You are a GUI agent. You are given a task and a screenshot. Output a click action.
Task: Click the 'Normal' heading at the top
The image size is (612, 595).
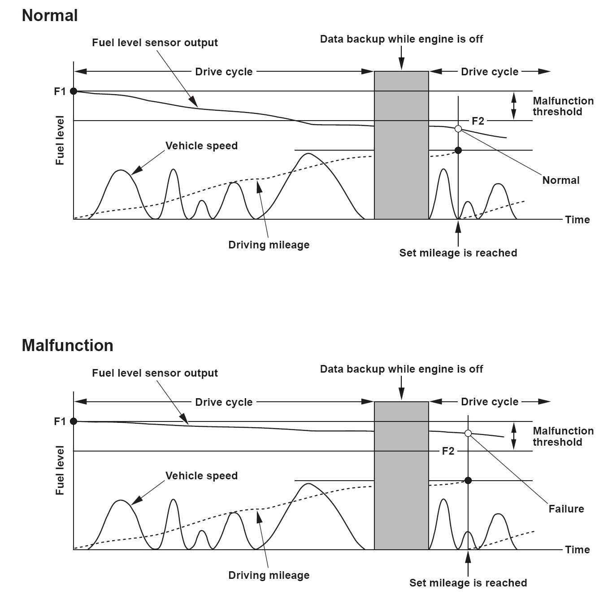50,16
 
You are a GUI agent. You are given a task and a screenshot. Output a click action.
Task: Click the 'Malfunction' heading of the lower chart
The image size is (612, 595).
67,345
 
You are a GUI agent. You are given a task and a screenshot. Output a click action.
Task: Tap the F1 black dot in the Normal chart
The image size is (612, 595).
74,91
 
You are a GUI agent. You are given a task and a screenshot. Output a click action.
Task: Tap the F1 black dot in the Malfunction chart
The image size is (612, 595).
74,421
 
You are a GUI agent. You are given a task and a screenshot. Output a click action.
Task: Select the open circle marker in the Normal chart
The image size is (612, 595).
458,129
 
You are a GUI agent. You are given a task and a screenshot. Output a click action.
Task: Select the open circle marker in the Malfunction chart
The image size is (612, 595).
468,433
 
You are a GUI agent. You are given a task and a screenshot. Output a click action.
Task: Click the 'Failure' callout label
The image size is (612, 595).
566,509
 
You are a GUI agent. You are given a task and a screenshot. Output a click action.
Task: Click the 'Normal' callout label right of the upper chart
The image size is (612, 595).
560,180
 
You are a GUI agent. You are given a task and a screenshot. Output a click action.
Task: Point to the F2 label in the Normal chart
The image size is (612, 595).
478,121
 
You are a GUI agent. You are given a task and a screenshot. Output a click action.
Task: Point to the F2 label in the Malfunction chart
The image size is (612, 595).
448,451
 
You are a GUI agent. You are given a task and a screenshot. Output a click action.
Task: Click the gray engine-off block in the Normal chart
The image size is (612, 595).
401,145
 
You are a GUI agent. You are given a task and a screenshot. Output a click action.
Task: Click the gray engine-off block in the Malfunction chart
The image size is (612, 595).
401,475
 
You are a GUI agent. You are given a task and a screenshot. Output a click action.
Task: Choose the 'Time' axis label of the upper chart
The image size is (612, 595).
577,220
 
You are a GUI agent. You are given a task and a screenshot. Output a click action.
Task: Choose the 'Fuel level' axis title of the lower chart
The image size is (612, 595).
60,470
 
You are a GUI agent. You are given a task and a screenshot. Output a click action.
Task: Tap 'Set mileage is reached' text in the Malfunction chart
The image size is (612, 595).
468,583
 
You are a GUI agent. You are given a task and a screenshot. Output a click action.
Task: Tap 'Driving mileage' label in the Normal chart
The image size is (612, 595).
269,245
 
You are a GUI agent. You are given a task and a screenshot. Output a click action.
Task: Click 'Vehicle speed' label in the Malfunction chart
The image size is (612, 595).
201,476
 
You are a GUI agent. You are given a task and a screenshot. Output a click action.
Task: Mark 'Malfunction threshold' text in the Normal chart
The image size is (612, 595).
563,106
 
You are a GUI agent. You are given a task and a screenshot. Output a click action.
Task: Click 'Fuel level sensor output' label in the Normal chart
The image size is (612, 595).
155,43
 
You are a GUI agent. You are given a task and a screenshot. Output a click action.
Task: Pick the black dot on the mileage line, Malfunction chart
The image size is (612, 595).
468,480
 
